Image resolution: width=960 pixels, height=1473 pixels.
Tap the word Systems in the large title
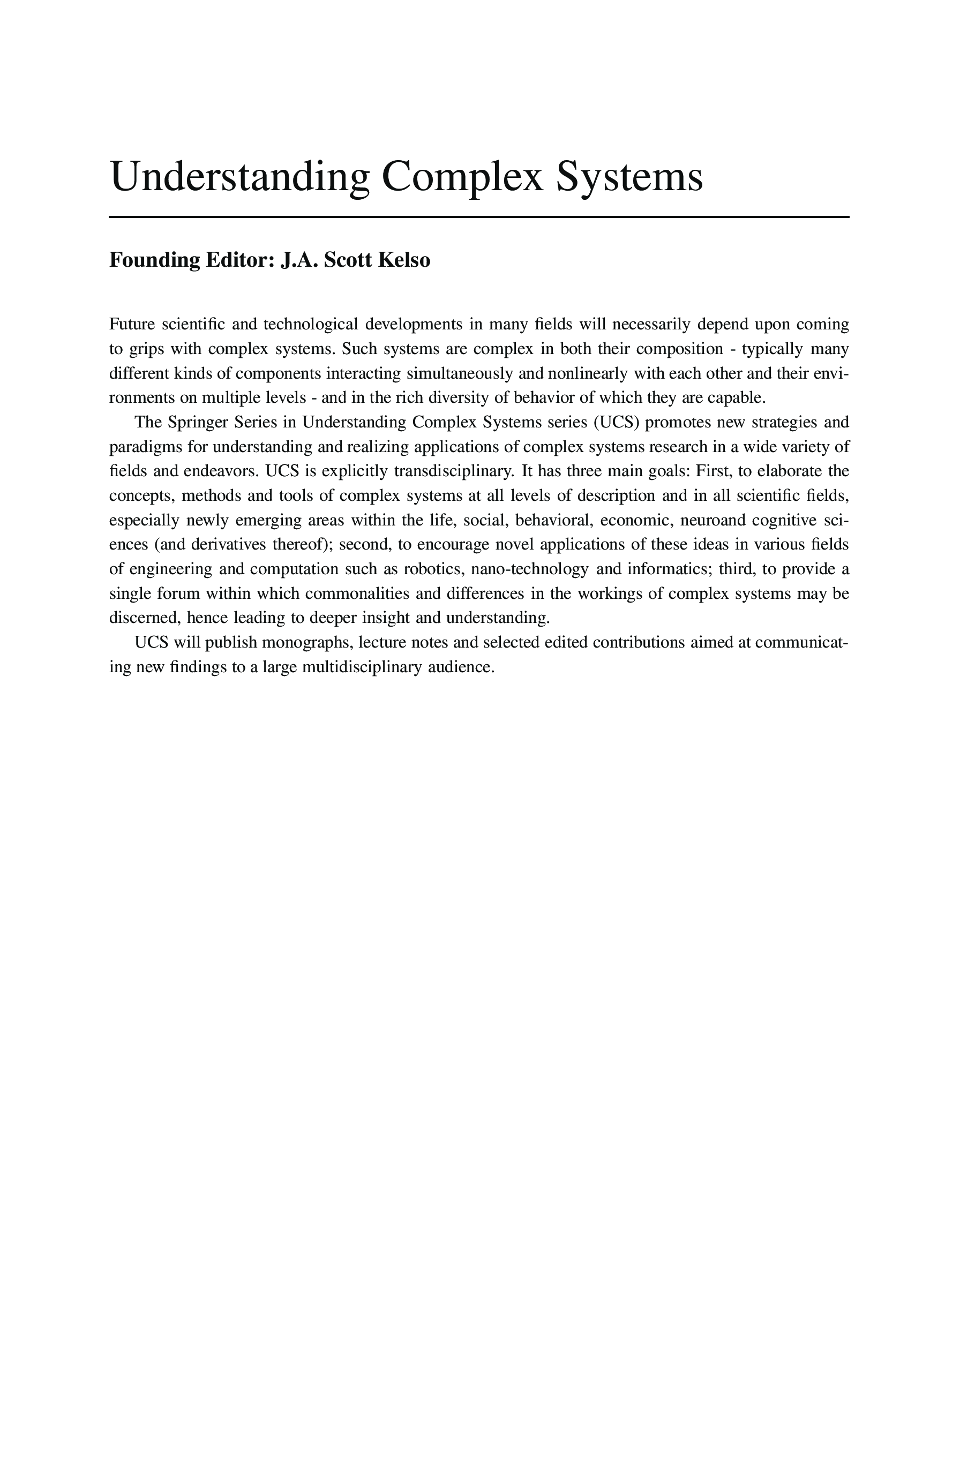629,177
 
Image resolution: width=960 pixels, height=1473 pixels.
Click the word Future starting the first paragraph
131,324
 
